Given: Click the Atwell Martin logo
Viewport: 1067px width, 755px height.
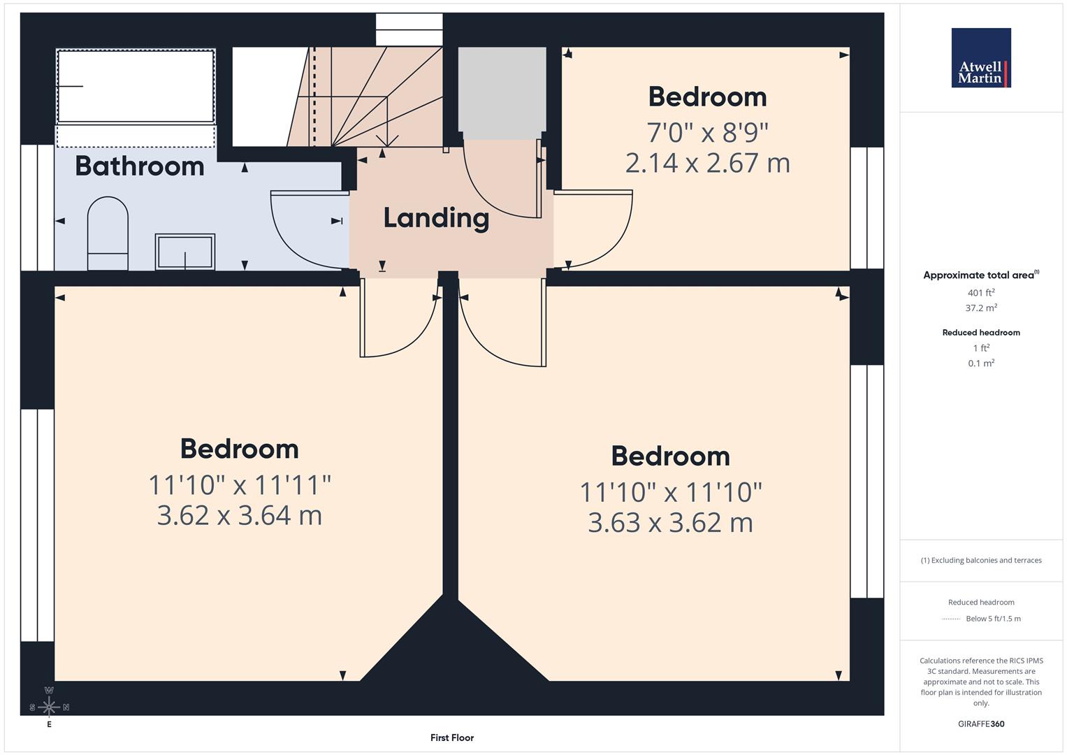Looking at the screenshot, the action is click(x=981, y=57).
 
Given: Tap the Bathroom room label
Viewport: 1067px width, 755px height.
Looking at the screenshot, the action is click(x=140, y=166).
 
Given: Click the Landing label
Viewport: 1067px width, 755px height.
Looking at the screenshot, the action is click(x=436, y=218).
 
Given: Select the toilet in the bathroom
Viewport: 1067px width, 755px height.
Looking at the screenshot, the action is click(x=108, y=233).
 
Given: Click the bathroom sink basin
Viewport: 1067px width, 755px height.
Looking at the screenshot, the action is click(x=184, y=252).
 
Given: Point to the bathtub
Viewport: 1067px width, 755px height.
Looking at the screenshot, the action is click(x=136, y=86).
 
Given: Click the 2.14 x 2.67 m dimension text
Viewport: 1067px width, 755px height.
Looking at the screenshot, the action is click(x=707, y=163).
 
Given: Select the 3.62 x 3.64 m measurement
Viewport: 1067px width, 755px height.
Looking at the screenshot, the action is click(x=240, y=515).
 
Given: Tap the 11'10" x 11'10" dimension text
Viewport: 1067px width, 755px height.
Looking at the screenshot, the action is click(x=671, y=492).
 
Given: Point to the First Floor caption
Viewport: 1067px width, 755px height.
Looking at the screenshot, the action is click(x=452, y=738).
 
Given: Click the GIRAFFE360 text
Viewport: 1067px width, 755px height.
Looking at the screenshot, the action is click(x=981, y=724).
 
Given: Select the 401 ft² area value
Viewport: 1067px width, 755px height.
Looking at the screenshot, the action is click(x=981, y=293).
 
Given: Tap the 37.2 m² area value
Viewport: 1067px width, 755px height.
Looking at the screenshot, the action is click(x=981, y=308).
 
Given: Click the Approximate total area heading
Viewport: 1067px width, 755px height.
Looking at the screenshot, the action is click(x=981, y=275).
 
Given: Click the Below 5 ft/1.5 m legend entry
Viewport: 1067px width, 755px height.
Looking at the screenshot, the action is click(x=993, y=619).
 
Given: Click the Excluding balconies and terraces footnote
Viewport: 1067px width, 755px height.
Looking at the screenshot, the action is click(x=981, y=561).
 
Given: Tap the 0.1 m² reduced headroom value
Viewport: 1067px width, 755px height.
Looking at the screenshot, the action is click(x=981, y=364).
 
